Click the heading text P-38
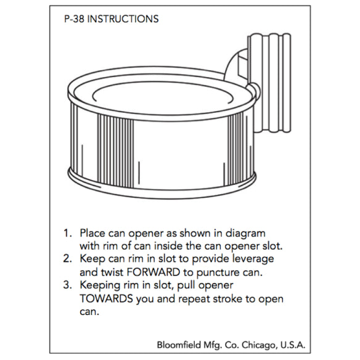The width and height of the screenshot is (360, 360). tap(74, 19)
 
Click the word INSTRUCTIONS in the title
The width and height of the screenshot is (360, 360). tap(123, 19)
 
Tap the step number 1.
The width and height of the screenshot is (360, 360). tap(68, 233)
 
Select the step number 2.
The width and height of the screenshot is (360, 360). tap(68, 259)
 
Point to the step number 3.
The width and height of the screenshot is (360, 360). tap(68, 285)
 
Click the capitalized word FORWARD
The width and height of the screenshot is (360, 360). tap(153, 272)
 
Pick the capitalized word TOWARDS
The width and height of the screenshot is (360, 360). tap(106, 298)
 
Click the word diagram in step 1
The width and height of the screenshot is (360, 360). tap(245, 234)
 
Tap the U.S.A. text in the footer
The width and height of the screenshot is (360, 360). tap(292, 345)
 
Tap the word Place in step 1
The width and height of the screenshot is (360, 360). tap(92, 233)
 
